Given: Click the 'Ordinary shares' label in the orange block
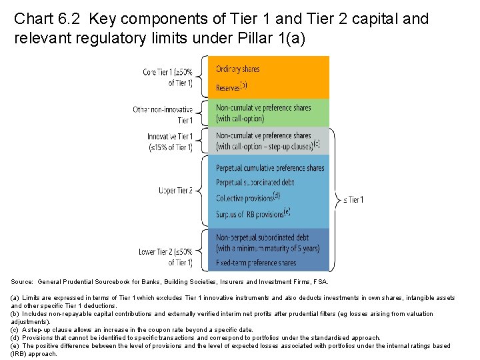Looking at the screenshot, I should pos(238,69).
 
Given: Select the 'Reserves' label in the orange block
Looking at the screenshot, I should pos(229,87).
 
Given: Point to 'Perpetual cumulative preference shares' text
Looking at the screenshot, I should pos(270,168).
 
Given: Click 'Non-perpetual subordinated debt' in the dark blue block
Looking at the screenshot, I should pos(262,237).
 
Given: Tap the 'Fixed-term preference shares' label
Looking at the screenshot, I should pos(256,263).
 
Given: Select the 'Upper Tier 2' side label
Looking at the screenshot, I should pos(175,191).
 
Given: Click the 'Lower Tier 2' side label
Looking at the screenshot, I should pos(166,256).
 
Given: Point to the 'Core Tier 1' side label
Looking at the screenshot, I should pos(167,77).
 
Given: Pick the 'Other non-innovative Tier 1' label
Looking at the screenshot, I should pos(163,115).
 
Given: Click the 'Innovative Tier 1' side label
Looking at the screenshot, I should pos(170,141).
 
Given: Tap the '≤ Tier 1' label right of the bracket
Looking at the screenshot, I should pos(353,199).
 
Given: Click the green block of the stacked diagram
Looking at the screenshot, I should pos(320,113).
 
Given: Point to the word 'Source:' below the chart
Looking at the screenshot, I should pos(22,282).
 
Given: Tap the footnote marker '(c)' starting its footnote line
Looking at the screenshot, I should pos(15,330).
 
